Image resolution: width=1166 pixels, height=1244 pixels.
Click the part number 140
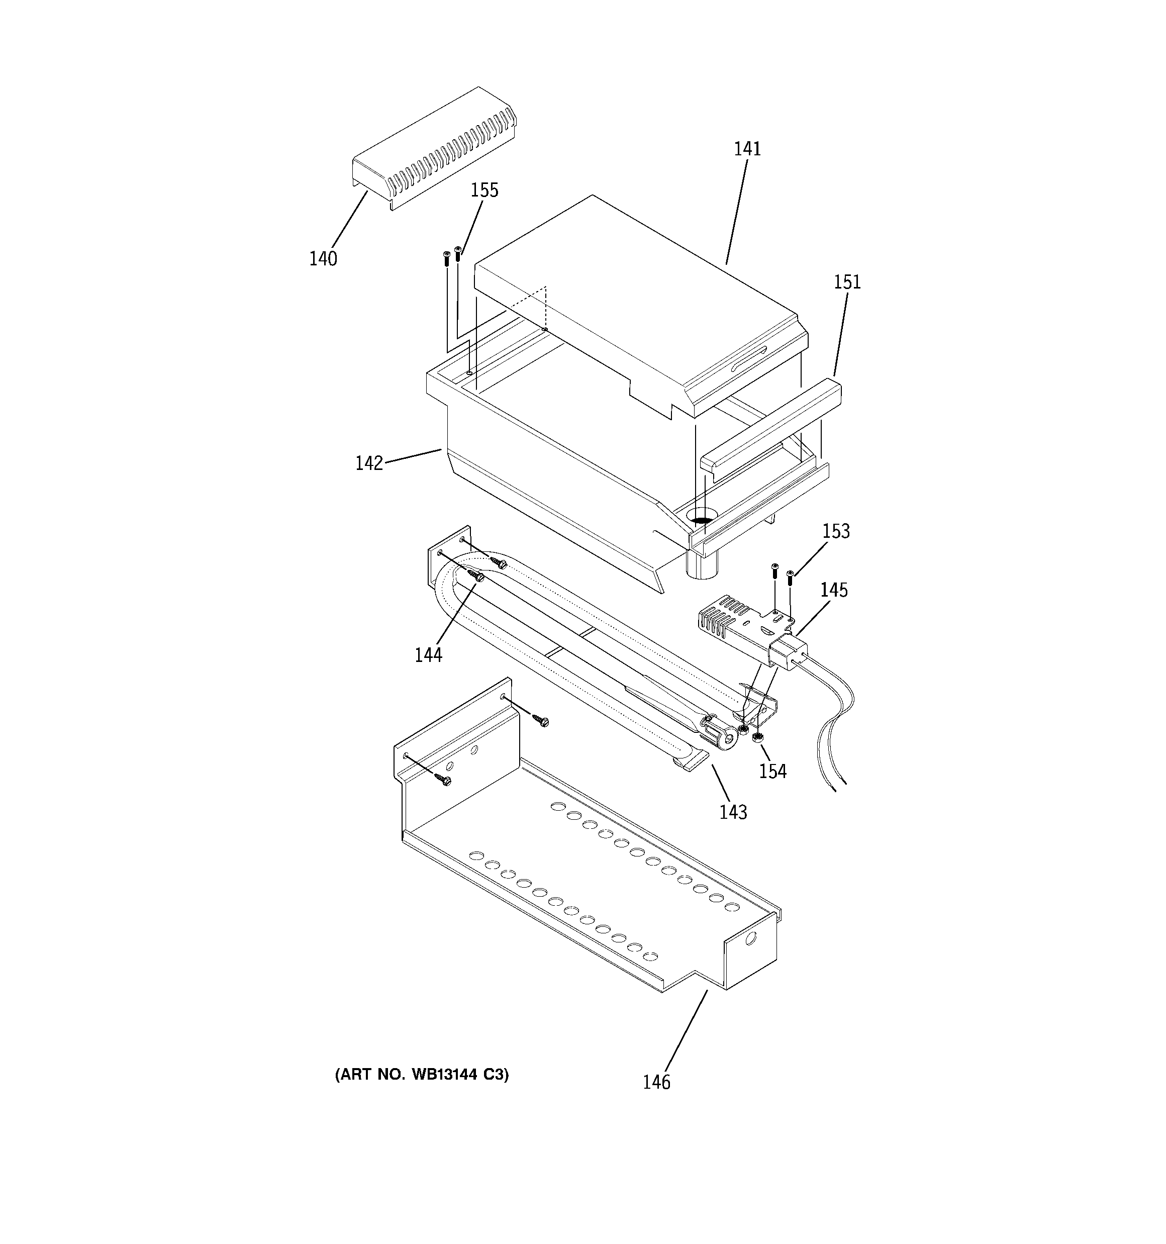323,258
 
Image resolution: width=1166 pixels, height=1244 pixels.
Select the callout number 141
747,149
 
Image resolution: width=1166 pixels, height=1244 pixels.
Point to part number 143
733,812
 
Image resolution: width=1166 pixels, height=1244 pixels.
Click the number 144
428,655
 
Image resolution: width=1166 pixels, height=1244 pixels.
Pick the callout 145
834,590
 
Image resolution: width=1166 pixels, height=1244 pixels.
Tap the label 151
847,282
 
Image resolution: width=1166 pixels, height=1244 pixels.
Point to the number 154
772,772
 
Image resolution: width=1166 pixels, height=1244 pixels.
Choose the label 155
484,190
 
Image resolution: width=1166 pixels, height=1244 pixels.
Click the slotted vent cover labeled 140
432,150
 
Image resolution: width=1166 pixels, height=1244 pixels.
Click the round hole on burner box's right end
751,938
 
